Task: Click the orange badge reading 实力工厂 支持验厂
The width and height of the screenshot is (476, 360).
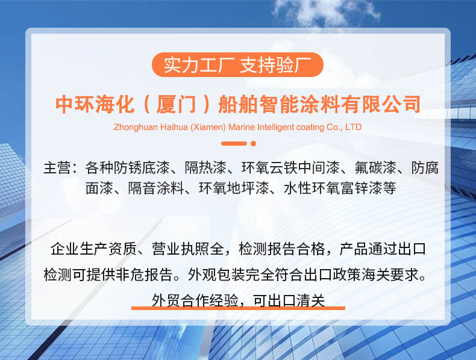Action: (x=237, y=64)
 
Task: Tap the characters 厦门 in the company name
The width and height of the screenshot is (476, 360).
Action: (x=176, y=104)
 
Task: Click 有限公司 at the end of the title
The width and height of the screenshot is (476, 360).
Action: (x=381, y=104)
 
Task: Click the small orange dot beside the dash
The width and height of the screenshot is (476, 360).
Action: (x=254, y=143)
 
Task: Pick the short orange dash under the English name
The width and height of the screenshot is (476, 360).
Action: (x=234, y=143)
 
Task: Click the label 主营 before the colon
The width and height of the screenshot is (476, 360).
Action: (x=57, y=168)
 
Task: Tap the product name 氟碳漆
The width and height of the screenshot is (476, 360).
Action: (x=375, y=168)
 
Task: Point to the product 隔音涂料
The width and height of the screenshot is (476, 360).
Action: (x=155, y=188)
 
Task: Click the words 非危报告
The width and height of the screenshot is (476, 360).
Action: (x=144, y=275)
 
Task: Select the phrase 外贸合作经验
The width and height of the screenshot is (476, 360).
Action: (x=195, y=300)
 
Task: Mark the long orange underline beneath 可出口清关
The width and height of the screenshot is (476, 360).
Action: (x=239, y=308)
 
